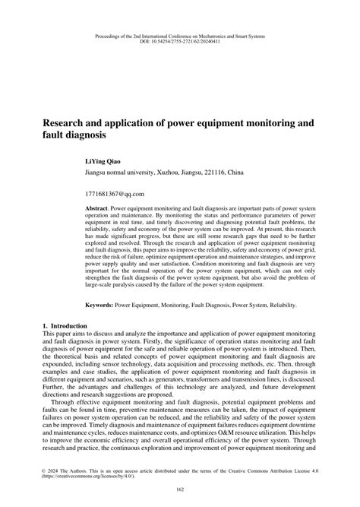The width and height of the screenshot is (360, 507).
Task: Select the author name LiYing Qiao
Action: (106, 162)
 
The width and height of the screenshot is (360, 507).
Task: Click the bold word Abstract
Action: (99, 207)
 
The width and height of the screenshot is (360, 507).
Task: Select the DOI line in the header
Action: (180, 41)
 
